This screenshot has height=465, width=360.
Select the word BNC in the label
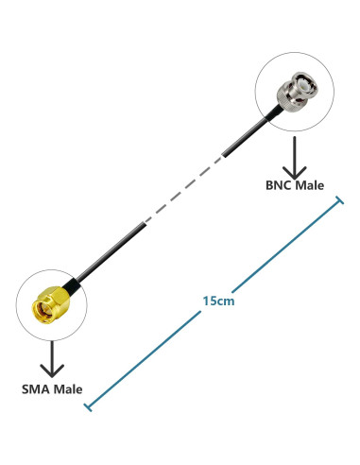[x=279, y=185]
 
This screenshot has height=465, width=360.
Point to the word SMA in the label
[x=36, y=388]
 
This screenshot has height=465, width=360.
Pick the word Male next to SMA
[x=68, y=388]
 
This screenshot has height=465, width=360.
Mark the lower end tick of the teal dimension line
[x=89, y=406]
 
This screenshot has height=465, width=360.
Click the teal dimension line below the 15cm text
[x=151, y=354]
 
